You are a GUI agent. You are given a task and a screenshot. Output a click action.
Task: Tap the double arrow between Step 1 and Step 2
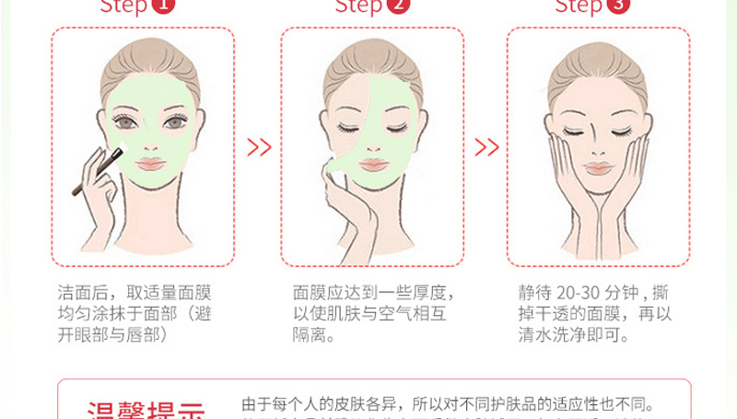tap(259, 146)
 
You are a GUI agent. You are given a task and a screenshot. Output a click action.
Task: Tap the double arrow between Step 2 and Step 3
tap(485, 146)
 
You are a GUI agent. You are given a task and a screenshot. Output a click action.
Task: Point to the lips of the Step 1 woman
tap(149, 163)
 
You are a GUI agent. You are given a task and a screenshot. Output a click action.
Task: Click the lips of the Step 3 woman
tap(598, 169)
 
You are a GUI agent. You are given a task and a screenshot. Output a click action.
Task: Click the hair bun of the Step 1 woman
tap(149, 46)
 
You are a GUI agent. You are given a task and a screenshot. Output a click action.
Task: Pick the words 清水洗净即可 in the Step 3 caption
tap(573, 336)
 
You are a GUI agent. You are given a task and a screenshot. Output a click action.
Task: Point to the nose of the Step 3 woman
tap(598, 147)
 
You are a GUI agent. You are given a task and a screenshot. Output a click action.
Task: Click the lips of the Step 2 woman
tap(373, 164)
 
